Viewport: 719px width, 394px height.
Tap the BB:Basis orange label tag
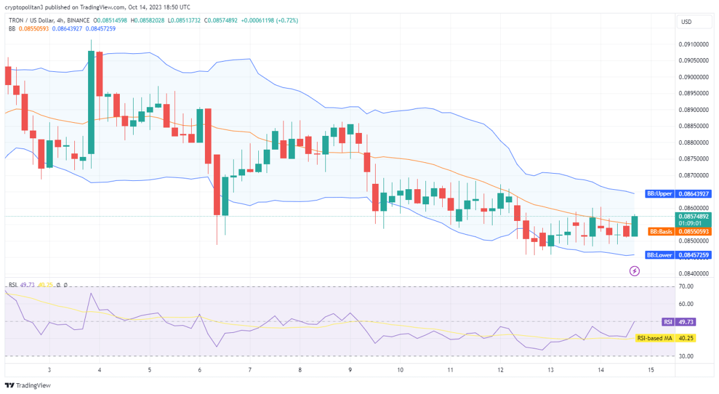click(x=661, y=231)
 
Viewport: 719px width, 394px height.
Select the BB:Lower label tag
click(x=659, y=255)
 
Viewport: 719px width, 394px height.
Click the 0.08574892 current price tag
click(x=693, y=216)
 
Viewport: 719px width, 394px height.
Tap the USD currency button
click(x=686, y=22)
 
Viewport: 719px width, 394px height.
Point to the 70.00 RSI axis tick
click(x=686, y=287)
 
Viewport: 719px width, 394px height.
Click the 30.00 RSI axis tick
click(x=686, y=356)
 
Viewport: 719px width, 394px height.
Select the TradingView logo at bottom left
click(x=28, y=386)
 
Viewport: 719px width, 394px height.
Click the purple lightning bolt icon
click(x=635, y=271)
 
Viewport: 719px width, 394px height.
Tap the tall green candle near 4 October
click(x=91, y=102)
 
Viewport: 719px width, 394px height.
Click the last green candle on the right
click(x=635, y=226)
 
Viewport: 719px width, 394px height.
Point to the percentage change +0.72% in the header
click(x=286, y=20)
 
